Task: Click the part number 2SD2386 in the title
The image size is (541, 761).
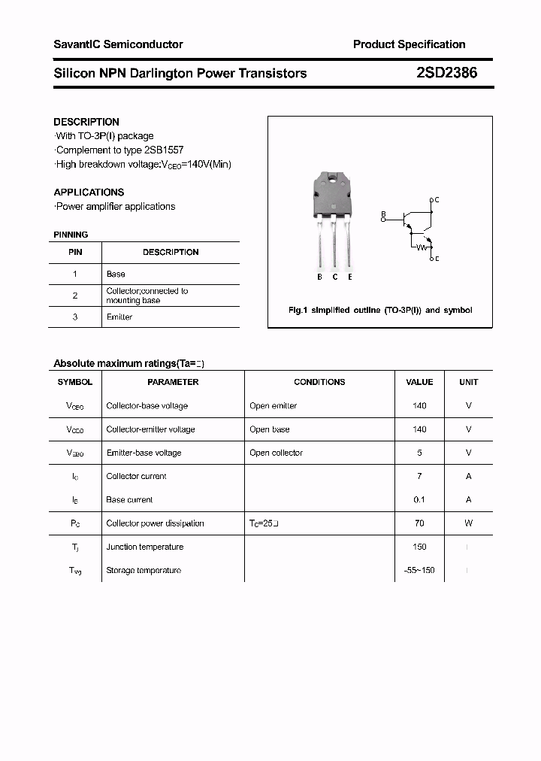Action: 446,73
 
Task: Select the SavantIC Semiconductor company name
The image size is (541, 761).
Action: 118,44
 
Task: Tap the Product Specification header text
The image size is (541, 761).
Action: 409,44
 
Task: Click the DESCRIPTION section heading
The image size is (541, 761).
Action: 86,122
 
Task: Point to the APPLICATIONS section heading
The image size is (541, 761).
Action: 89,192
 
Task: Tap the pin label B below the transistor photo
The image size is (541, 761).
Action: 319,277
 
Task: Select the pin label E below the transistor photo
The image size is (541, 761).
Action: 350,277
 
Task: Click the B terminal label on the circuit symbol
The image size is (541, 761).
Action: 382,214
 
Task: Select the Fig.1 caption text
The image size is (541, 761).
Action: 380,310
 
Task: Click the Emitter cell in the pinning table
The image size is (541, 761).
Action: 119,317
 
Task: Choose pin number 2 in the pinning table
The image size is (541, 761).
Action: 75,296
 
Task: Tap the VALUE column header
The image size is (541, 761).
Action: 419,382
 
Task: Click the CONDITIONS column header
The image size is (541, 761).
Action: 319,382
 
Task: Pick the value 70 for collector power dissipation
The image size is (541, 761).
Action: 419,523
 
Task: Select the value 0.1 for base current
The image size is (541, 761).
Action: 419,500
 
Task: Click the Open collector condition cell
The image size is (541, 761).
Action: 276,453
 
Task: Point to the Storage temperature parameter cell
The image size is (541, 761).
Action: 144,571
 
